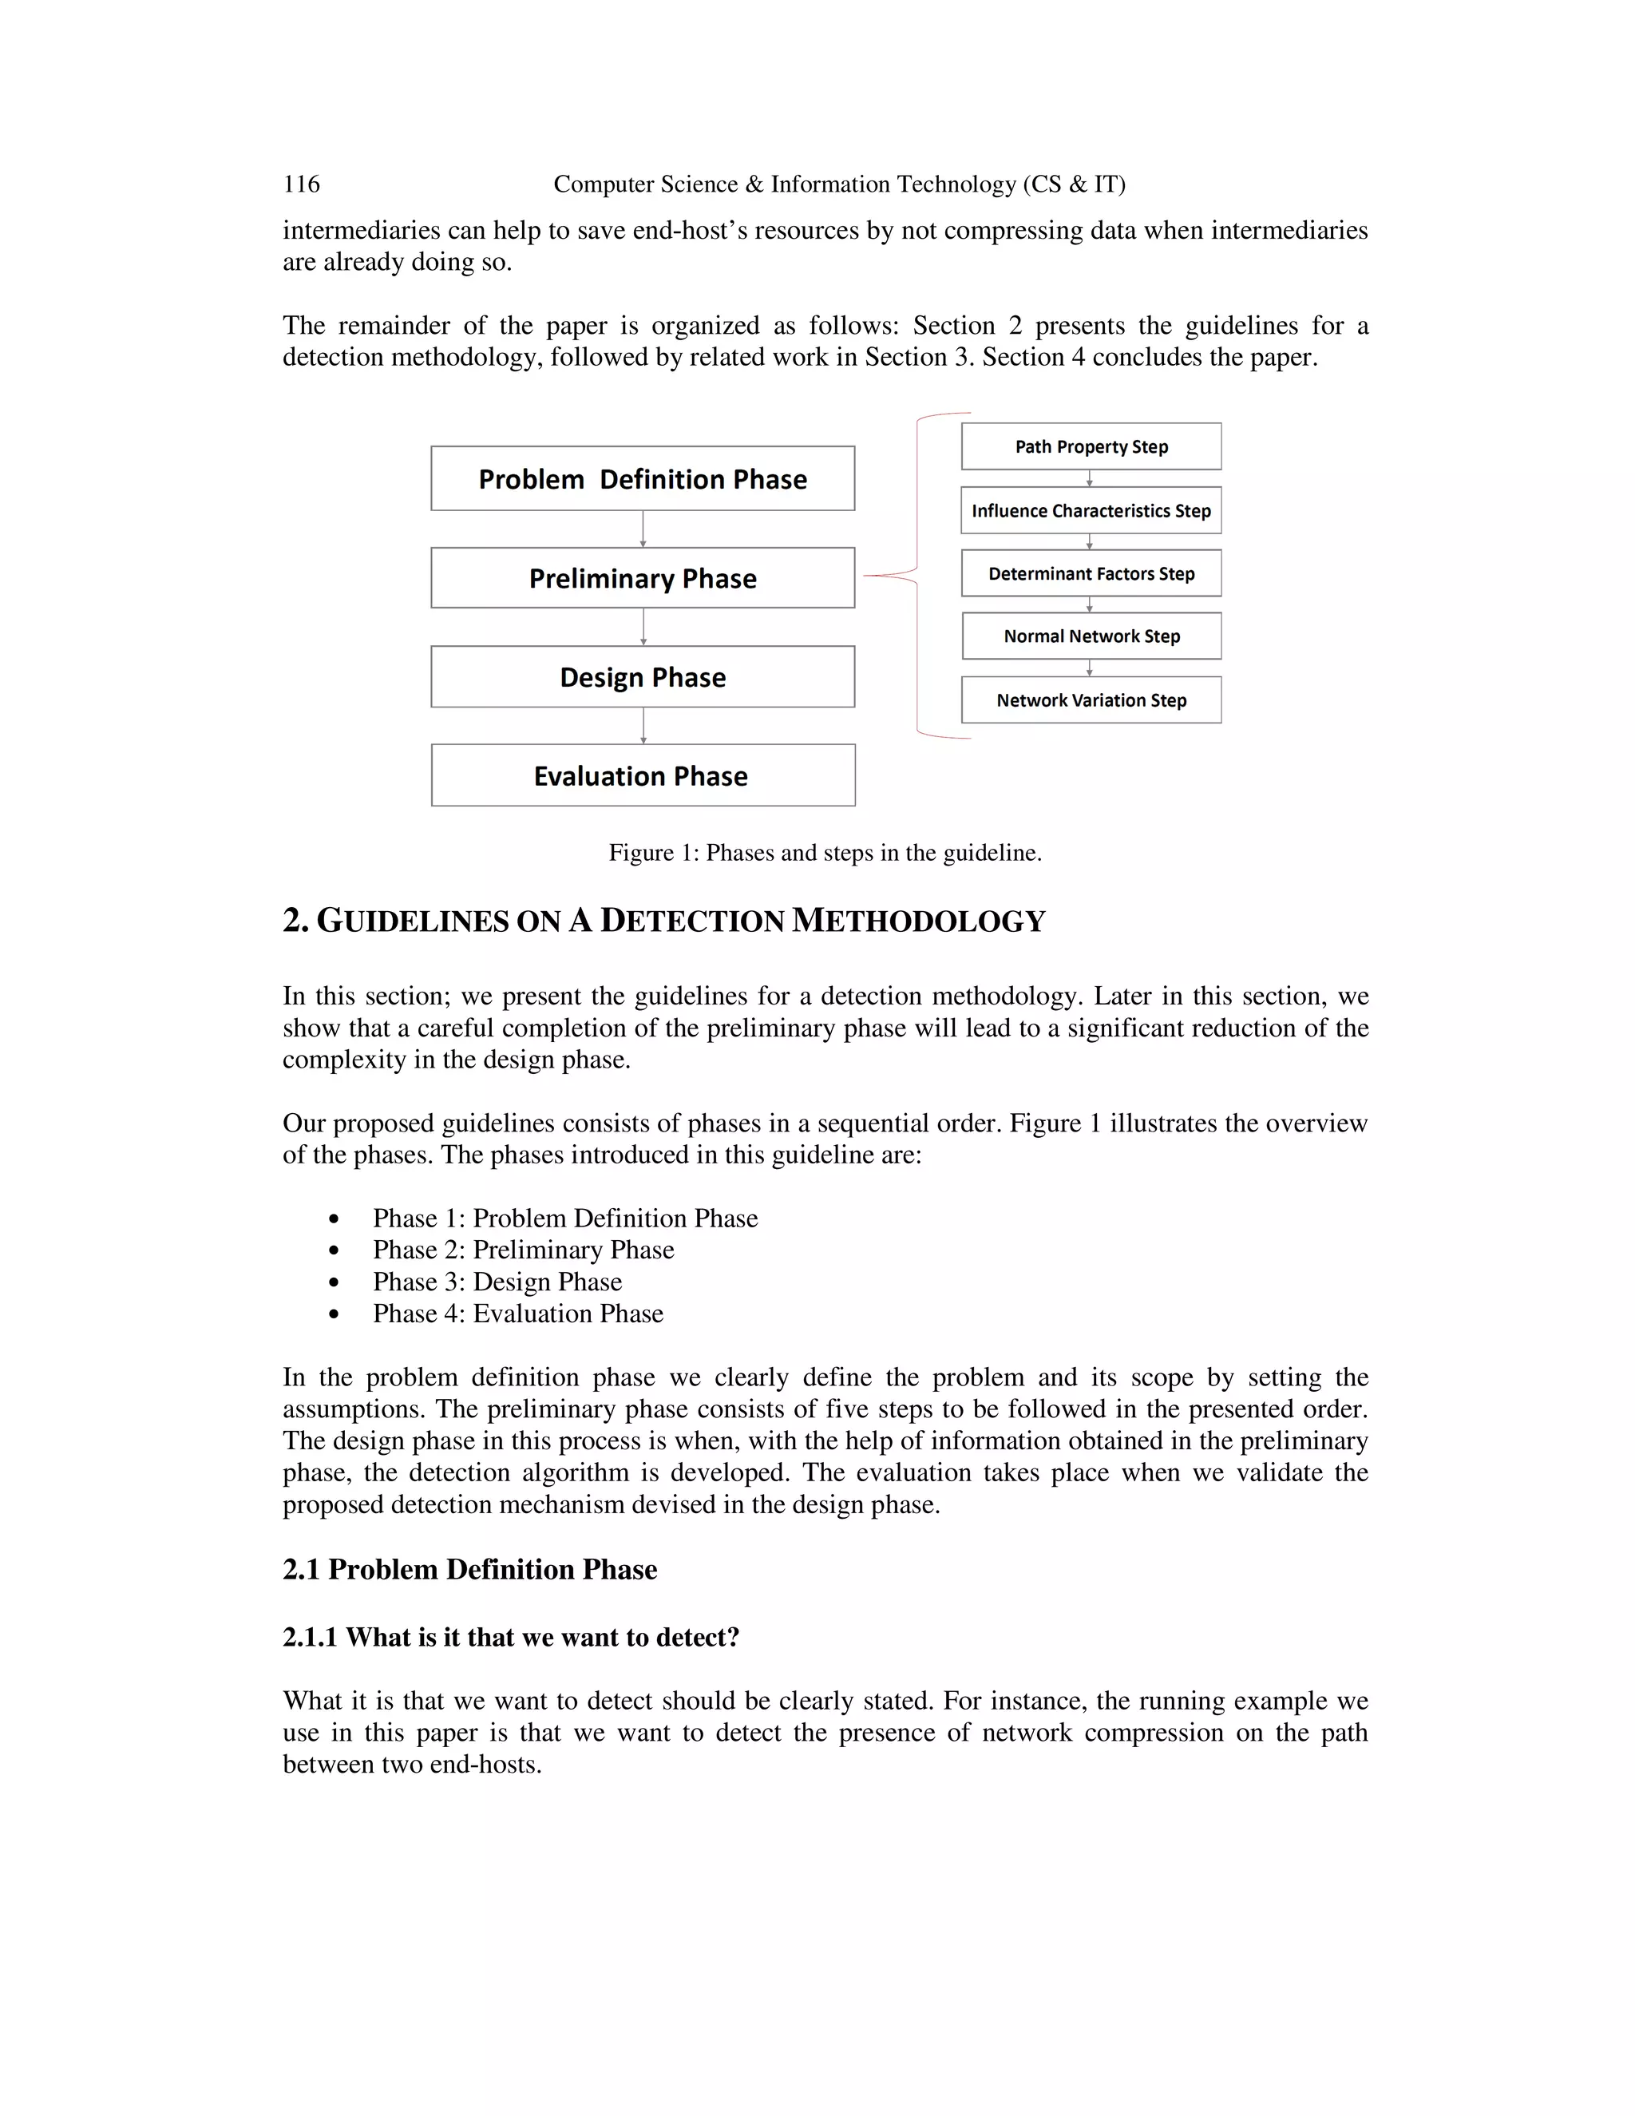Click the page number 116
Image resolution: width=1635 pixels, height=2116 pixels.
pos(301,184)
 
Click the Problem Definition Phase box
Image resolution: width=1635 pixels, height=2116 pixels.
pos(642,478)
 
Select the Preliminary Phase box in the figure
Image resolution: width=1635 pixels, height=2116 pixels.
pos(642,578)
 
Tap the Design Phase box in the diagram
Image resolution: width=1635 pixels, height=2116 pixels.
pos(642,677)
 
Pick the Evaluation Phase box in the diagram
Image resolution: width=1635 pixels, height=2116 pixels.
pos(642,776)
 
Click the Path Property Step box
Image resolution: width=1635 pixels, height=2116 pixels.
pos(1091,446)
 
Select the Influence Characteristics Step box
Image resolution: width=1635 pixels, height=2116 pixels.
pos(1091,510)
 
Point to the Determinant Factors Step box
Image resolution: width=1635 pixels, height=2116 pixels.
pos(1091,573)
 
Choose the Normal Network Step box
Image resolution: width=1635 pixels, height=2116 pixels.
pos(1091,636)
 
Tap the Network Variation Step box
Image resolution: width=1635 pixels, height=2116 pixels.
pos(1091,700)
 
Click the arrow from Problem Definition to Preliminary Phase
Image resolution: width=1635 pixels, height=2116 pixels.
pos(643,529)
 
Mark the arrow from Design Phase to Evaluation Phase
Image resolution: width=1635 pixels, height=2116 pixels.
pos(643,726)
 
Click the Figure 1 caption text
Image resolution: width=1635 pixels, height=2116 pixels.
pos(824,853)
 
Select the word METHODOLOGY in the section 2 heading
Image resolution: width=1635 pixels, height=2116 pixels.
pos(918,921)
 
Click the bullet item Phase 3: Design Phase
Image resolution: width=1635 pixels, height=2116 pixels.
pos(497,1282)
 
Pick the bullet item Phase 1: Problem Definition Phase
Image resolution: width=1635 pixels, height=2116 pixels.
pos(564,1218)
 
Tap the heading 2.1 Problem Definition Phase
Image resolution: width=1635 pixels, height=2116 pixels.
pos(469,1570)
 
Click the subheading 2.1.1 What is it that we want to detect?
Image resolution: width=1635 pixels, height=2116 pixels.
pos(510,1638)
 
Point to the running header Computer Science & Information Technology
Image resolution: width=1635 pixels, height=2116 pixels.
pos(839,184)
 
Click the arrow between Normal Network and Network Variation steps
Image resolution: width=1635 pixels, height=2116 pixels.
pos(1090,668)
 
